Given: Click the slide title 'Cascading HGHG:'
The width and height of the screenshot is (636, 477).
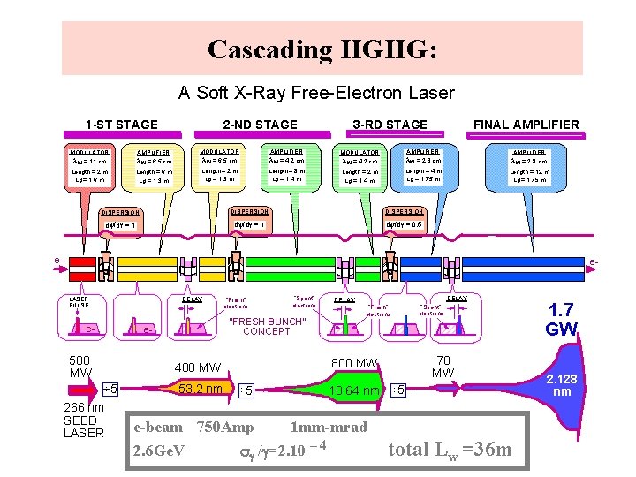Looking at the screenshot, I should pyautogui.click(x=322, y=49).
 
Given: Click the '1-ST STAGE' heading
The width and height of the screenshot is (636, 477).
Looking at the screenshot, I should pyautogui.click(x=121, y=125).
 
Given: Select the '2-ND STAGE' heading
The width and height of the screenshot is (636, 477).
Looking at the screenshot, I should pyautogui.click(x=260, y=125).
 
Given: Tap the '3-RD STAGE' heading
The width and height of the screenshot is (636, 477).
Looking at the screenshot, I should pyautogui.click(x=390, y=125).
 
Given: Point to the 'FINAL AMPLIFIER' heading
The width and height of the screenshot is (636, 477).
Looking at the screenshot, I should pyautogui.click(x=526, y=125).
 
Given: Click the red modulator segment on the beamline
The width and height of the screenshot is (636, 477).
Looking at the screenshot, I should pyautogui.click(x=82, y=262).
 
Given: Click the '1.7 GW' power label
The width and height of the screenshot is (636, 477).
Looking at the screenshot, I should pyautogui.click(x=562, y=319).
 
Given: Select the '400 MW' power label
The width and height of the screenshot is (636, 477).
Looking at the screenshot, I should pyautogui.click(x=198, y=367).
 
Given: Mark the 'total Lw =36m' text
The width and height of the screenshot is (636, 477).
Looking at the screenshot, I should pyautogui.click(x=450, y=450).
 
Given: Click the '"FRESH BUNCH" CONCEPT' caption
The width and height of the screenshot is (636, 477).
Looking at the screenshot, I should pyautogui.click(x=266, y=326).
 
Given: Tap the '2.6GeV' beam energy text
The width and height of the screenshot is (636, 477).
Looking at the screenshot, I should pyautogui.click(x=158, y=450).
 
